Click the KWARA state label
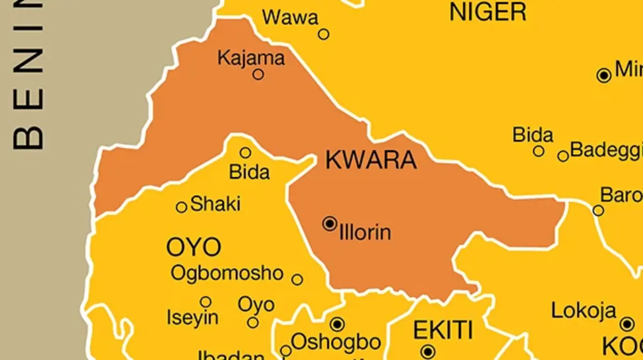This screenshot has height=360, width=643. coord(371,160)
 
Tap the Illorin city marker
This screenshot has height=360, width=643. coord(330,223)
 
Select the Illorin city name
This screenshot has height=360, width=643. coord(365,232)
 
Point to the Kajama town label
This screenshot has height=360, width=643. coord(251,57)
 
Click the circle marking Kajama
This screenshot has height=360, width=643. coord(258,74)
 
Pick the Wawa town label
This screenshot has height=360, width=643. coord(290,18)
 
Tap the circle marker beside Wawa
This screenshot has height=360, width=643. coord(324,34)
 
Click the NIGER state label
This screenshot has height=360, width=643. coord(488,12)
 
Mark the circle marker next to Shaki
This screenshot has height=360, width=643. coord(182,207)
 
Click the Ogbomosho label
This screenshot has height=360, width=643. coord(227,273)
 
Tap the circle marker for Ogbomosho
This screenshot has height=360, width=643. coord(297,279)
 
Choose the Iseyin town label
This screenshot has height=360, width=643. coord(192,318)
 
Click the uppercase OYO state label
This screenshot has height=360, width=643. coord(193,247)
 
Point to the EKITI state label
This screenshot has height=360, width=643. coord(443,330)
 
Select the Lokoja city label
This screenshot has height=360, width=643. coord(584,311)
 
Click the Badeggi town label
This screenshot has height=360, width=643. coord(605,150)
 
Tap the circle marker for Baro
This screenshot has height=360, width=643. coord(599,211)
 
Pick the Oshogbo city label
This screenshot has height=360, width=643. coord(336,342)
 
